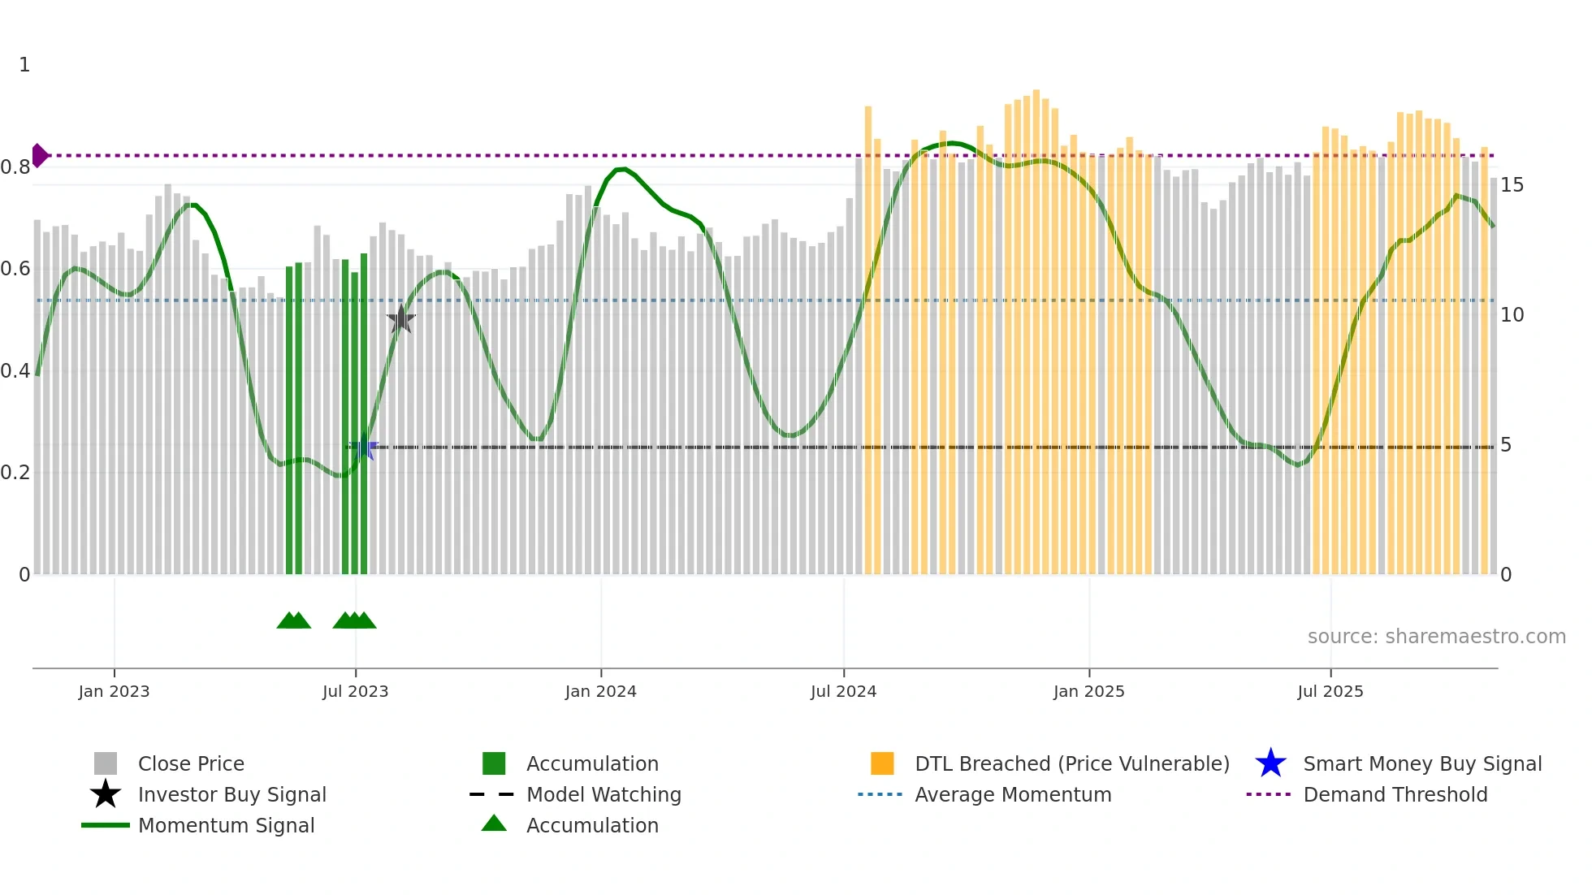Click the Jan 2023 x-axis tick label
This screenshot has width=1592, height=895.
pyautogui.click(x=114, y=691)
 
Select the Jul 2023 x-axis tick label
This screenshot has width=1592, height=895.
pyautogui.click(x=355, y=691)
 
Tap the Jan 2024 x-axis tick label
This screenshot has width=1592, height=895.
pyautogui.click(x=600, y=691)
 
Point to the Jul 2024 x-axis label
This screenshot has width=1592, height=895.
pyautogui.click(x=843, y=691)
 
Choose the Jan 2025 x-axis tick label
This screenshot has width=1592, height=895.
pyautogui.click(x=1088, y=691)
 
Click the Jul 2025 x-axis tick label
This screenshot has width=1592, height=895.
pyautogui.click(x=1330, y=691)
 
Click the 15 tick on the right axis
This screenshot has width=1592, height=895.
pyautogui.click(x=1512, y=185)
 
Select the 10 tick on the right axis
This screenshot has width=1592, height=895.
pyautogui.click(x=1512, y=315)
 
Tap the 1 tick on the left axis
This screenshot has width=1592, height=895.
pyautogui.click(x=24, y=65)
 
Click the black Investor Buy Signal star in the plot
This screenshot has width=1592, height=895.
pyautogui.click(x=400, y=319)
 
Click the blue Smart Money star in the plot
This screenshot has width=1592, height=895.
pyautogui.click(x=363, y=447)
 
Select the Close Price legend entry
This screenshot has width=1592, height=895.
pyautogui.click(x=191, y=763)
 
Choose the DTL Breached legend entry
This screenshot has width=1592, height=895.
pyautogui.click(x=1071, y=763)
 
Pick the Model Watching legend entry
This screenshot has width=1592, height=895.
pyautogui.click(x=603, y=794)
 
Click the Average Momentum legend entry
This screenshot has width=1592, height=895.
pyautogui.click(x=1013, y=794)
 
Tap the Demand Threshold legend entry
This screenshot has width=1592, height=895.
pyautogui.click(x=1395, y=794)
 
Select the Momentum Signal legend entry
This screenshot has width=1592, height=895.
pyautogui.click(x=226, y=825)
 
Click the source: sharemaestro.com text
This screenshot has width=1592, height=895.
pyautogui.click(x=1436, y=636)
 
